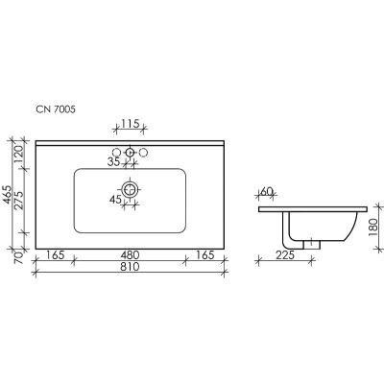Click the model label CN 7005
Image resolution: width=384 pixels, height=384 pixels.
(56, 109)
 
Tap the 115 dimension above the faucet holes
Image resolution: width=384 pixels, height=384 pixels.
(131, 123)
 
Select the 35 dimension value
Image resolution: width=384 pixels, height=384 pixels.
(113, 162)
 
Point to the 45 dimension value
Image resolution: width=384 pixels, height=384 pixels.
(115, 200)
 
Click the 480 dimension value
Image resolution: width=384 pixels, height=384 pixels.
(130, 255)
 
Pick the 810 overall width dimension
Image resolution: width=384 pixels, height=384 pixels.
(130, 267)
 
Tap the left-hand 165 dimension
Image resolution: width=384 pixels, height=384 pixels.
(56, 255)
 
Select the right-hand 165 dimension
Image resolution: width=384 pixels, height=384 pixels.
(204, 255)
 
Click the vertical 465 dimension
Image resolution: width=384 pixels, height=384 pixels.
(8, 196)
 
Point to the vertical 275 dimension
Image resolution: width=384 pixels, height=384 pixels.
(19, 201)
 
